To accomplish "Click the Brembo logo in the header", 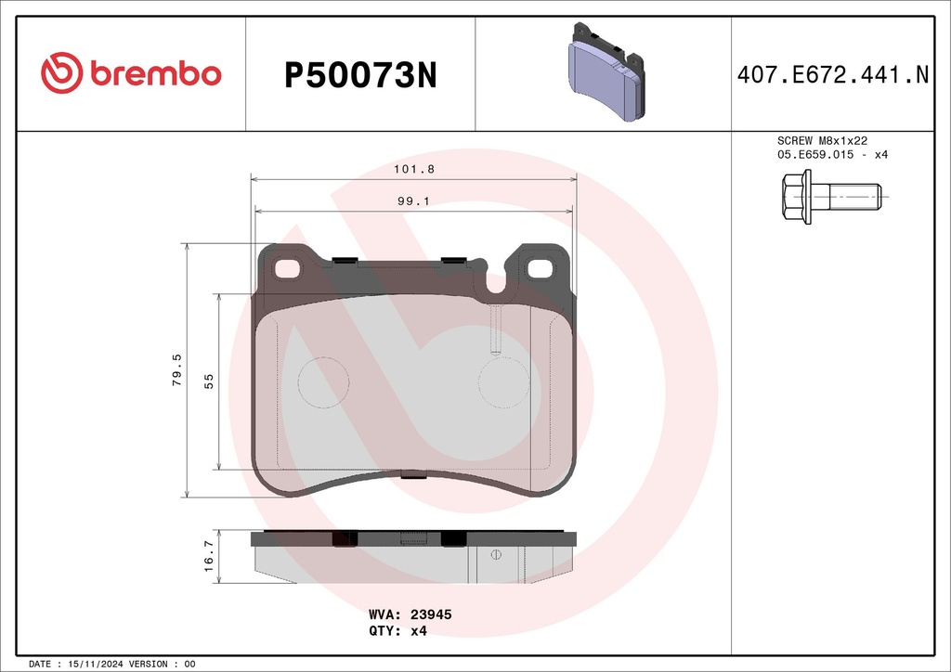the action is click(x=131, y=72).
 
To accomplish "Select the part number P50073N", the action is click(x=360, y=76).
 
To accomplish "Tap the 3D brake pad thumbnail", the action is click(x=606, y=72).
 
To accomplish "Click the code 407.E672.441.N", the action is click(x=833, y=74).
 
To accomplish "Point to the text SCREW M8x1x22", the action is click(x=823, y=140).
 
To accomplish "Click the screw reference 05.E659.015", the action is click(x=815, y=154).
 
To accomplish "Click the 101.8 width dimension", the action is click(x=414, y=169).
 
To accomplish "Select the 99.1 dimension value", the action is click(x=413, y=200).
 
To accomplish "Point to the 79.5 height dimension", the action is click(x=176, y=370).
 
